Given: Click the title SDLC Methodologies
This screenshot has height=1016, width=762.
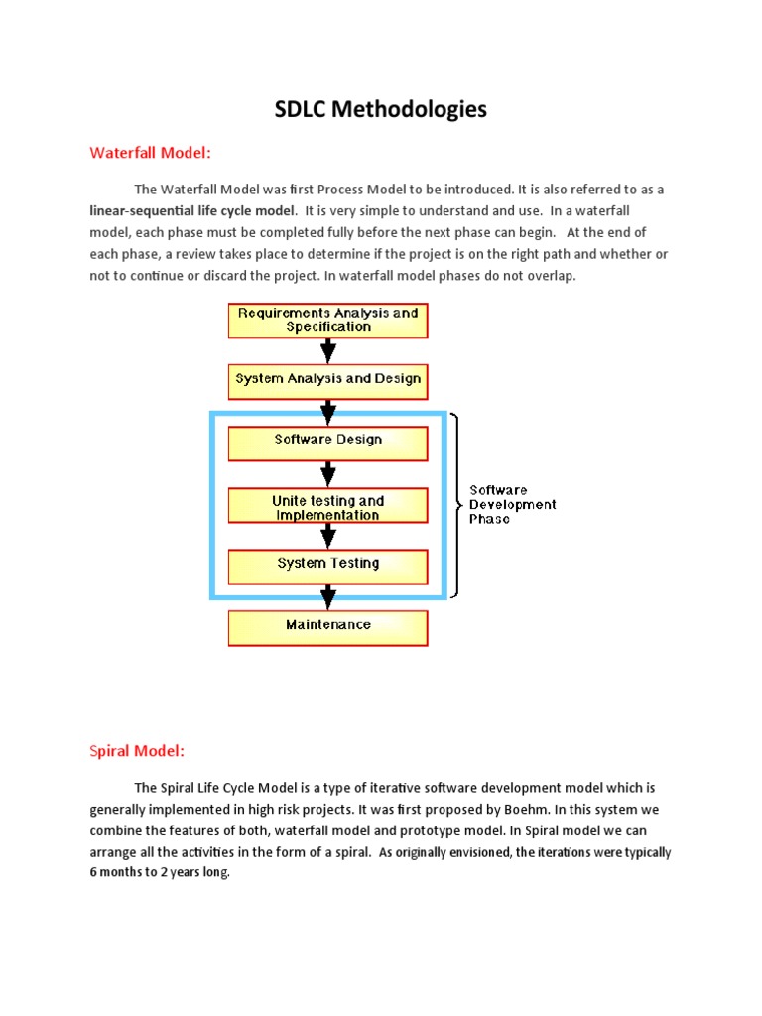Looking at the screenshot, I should click(x=381, y=110).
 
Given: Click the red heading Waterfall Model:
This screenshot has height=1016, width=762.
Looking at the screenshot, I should click(x=151, y=153).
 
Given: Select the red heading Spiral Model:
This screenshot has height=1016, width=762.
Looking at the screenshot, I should click(x=137, y=751).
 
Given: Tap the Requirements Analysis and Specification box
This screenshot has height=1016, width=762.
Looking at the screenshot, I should click(x=327, y=320).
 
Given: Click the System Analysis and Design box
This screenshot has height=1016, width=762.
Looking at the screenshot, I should click(x=327, y=379).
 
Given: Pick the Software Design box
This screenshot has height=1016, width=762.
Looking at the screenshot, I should click(x=327, y=441).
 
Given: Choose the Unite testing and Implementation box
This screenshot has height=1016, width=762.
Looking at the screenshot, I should click(x=327, y=508).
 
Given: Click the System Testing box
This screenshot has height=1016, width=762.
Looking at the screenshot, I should click(x=327, y=565).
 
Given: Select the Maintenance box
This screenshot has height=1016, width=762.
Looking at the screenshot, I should click(x=327, y=626).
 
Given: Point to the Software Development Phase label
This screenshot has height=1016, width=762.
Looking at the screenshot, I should click(x=511, y=504).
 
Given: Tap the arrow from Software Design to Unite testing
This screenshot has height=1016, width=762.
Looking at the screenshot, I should click(x=327, y=473).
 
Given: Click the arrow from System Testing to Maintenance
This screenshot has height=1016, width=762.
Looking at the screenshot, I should click(x=327, y=596).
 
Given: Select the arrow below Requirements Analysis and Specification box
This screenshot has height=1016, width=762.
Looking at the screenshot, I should click(x=327, y=351).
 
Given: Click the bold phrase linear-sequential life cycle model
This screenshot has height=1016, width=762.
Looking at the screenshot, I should click(x=192, y=211).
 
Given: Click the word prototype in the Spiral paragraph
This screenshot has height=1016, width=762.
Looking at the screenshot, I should click(x=469, y=830).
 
